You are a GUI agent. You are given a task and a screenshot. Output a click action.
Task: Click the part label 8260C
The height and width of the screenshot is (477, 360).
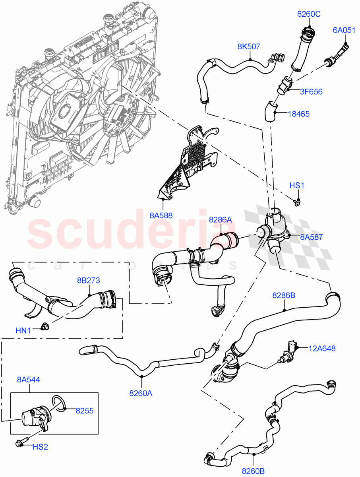[309, 14]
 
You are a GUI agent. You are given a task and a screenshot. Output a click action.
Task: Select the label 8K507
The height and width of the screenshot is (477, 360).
[249, 47]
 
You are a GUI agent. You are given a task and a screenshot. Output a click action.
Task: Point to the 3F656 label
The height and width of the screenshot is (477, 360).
[312, 92]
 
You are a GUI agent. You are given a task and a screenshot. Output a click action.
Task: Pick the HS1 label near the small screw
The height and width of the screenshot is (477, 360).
[296, 186]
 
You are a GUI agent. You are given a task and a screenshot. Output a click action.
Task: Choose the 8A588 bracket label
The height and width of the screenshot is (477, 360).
[161, 216]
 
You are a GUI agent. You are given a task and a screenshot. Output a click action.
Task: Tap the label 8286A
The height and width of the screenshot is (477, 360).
[220, 219]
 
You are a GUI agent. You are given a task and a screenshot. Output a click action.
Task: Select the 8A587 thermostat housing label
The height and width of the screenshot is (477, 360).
[311, 237]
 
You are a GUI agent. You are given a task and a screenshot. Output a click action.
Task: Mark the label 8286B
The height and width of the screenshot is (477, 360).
[283, 295]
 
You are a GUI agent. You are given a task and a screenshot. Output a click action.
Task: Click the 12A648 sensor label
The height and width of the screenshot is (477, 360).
[322, 349]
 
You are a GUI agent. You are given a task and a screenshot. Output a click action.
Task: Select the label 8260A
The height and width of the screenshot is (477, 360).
[141, 393]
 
